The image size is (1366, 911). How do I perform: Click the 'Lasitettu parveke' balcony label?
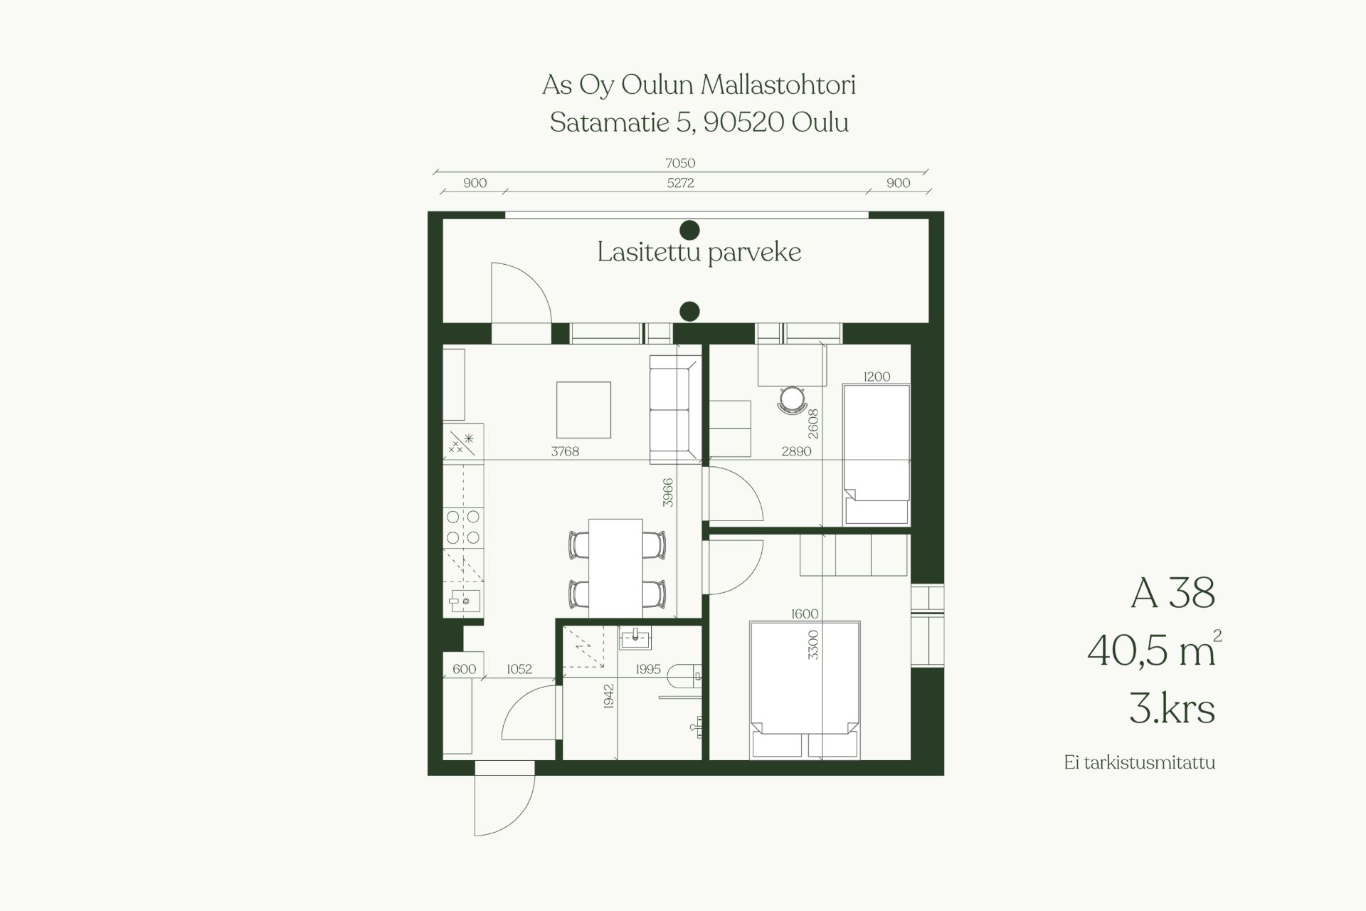click(x=699, y=252)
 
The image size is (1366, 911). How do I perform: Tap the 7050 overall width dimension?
click(x=680, y=163)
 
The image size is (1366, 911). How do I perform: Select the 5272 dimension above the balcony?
click(x=680, y=183)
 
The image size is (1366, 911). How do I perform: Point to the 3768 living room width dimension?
click(x=565, y=451)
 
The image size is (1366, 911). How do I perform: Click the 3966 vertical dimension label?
click(x=667, y=493)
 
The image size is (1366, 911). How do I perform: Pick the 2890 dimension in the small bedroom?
click(x=796, y=451)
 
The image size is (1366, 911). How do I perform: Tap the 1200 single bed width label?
click(x=877, y=376)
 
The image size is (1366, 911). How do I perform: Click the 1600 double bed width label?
click(x=805, y=614)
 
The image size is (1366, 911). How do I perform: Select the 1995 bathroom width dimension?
click(x=648, y=669)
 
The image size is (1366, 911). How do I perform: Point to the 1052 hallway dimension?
click(x=519, y=669)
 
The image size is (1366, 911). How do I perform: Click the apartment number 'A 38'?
click(x=1173, y=594)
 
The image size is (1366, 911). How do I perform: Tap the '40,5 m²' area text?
click(x=1154, y=649)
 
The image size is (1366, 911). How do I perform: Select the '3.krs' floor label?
click(x=1172, y=709)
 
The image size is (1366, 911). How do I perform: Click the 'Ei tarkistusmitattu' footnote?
click(x=1140, y=763)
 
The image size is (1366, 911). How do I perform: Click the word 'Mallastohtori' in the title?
click(x=778, y=85)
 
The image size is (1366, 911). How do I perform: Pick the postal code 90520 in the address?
click(x=743, y=123)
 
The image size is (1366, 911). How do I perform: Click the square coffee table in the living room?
click(x=583, y=410)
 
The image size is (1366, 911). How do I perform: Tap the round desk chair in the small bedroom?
click(x=791, y=399)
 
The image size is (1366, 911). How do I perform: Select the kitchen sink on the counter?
click(x=464, y=601)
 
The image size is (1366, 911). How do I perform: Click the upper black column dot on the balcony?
click(x=689, y=230)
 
